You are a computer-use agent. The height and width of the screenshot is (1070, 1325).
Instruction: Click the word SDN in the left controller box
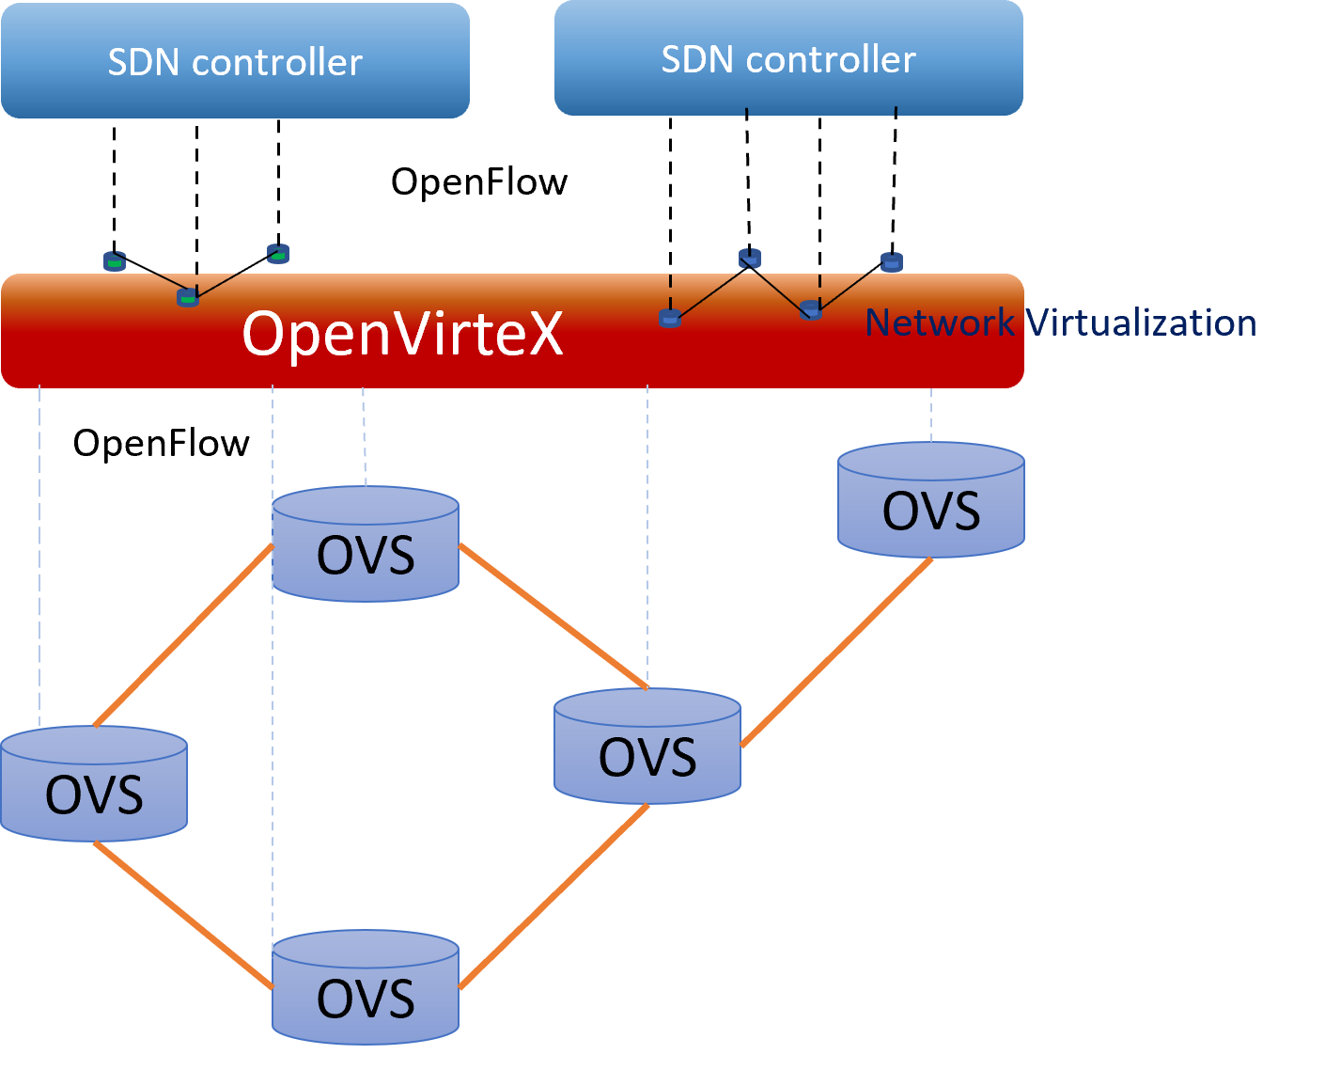(143, 63)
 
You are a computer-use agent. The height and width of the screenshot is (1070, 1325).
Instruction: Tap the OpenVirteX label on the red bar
(402, 333)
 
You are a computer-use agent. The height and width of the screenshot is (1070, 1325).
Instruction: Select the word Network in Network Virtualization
(939, 323)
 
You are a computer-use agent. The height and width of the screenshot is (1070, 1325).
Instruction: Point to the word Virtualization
(1141, 323)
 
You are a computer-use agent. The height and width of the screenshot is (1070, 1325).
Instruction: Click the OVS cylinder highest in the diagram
(930, 500)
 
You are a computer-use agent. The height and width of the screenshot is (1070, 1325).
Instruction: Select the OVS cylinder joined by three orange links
(647, 747)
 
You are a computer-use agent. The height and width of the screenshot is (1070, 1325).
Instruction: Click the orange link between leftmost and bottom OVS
(182, 915)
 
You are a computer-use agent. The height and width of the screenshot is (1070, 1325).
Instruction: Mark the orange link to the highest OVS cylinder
(836, 653)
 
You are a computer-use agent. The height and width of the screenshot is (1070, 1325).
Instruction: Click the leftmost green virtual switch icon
(115, 261)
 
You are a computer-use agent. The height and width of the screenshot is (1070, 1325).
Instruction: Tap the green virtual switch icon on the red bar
(188, 298)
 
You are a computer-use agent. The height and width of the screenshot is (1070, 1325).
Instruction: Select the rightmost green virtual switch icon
(278, 253)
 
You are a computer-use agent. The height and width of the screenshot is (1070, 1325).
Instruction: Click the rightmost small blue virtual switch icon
(892, 262)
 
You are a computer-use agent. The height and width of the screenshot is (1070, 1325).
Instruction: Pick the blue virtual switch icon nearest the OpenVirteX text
(670, 318)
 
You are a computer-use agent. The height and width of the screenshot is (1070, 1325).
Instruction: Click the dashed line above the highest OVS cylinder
(931, 415)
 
